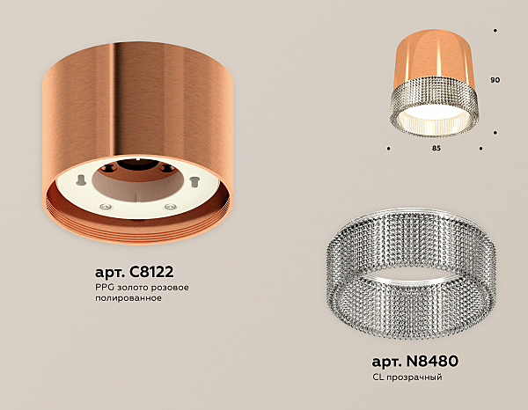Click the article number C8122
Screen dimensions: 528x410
(x=150, y=272)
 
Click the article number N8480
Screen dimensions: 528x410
(x=432, y=362)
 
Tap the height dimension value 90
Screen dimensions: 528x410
(x=495, y=80)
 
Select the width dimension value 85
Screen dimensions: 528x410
(x=436, y=148)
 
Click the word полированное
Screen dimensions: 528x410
(x=128, y=298)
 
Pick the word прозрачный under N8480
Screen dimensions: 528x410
(x=414, y=377)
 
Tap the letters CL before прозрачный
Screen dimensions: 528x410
(x=378, y=377)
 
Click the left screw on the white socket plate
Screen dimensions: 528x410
(x=105, y=206)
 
